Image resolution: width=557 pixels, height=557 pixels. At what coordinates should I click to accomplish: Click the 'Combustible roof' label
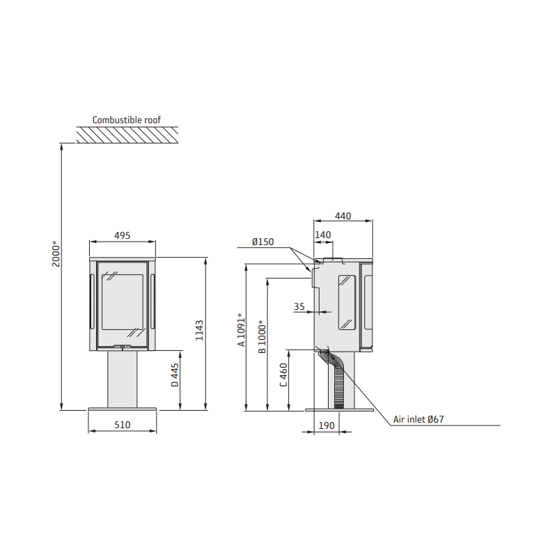pos(127,120)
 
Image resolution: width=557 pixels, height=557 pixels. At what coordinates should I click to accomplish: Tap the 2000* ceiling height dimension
pos(56,253)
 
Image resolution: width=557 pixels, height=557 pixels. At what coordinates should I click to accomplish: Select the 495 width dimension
pos(123,235)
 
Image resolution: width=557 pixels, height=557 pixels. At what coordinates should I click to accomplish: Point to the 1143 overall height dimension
pos(199,330)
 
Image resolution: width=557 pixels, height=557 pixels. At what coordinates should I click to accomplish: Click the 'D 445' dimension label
pos(175,375)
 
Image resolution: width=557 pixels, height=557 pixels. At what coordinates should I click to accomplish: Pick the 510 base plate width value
pos(123,425)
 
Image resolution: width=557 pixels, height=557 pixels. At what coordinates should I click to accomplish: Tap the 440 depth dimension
pos(343,216)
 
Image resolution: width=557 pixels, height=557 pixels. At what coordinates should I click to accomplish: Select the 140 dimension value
pos(322,235)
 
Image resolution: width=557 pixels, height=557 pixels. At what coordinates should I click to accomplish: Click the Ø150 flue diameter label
pos(263,242)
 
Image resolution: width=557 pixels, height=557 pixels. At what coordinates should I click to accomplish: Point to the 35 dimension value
pos(299,306)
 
